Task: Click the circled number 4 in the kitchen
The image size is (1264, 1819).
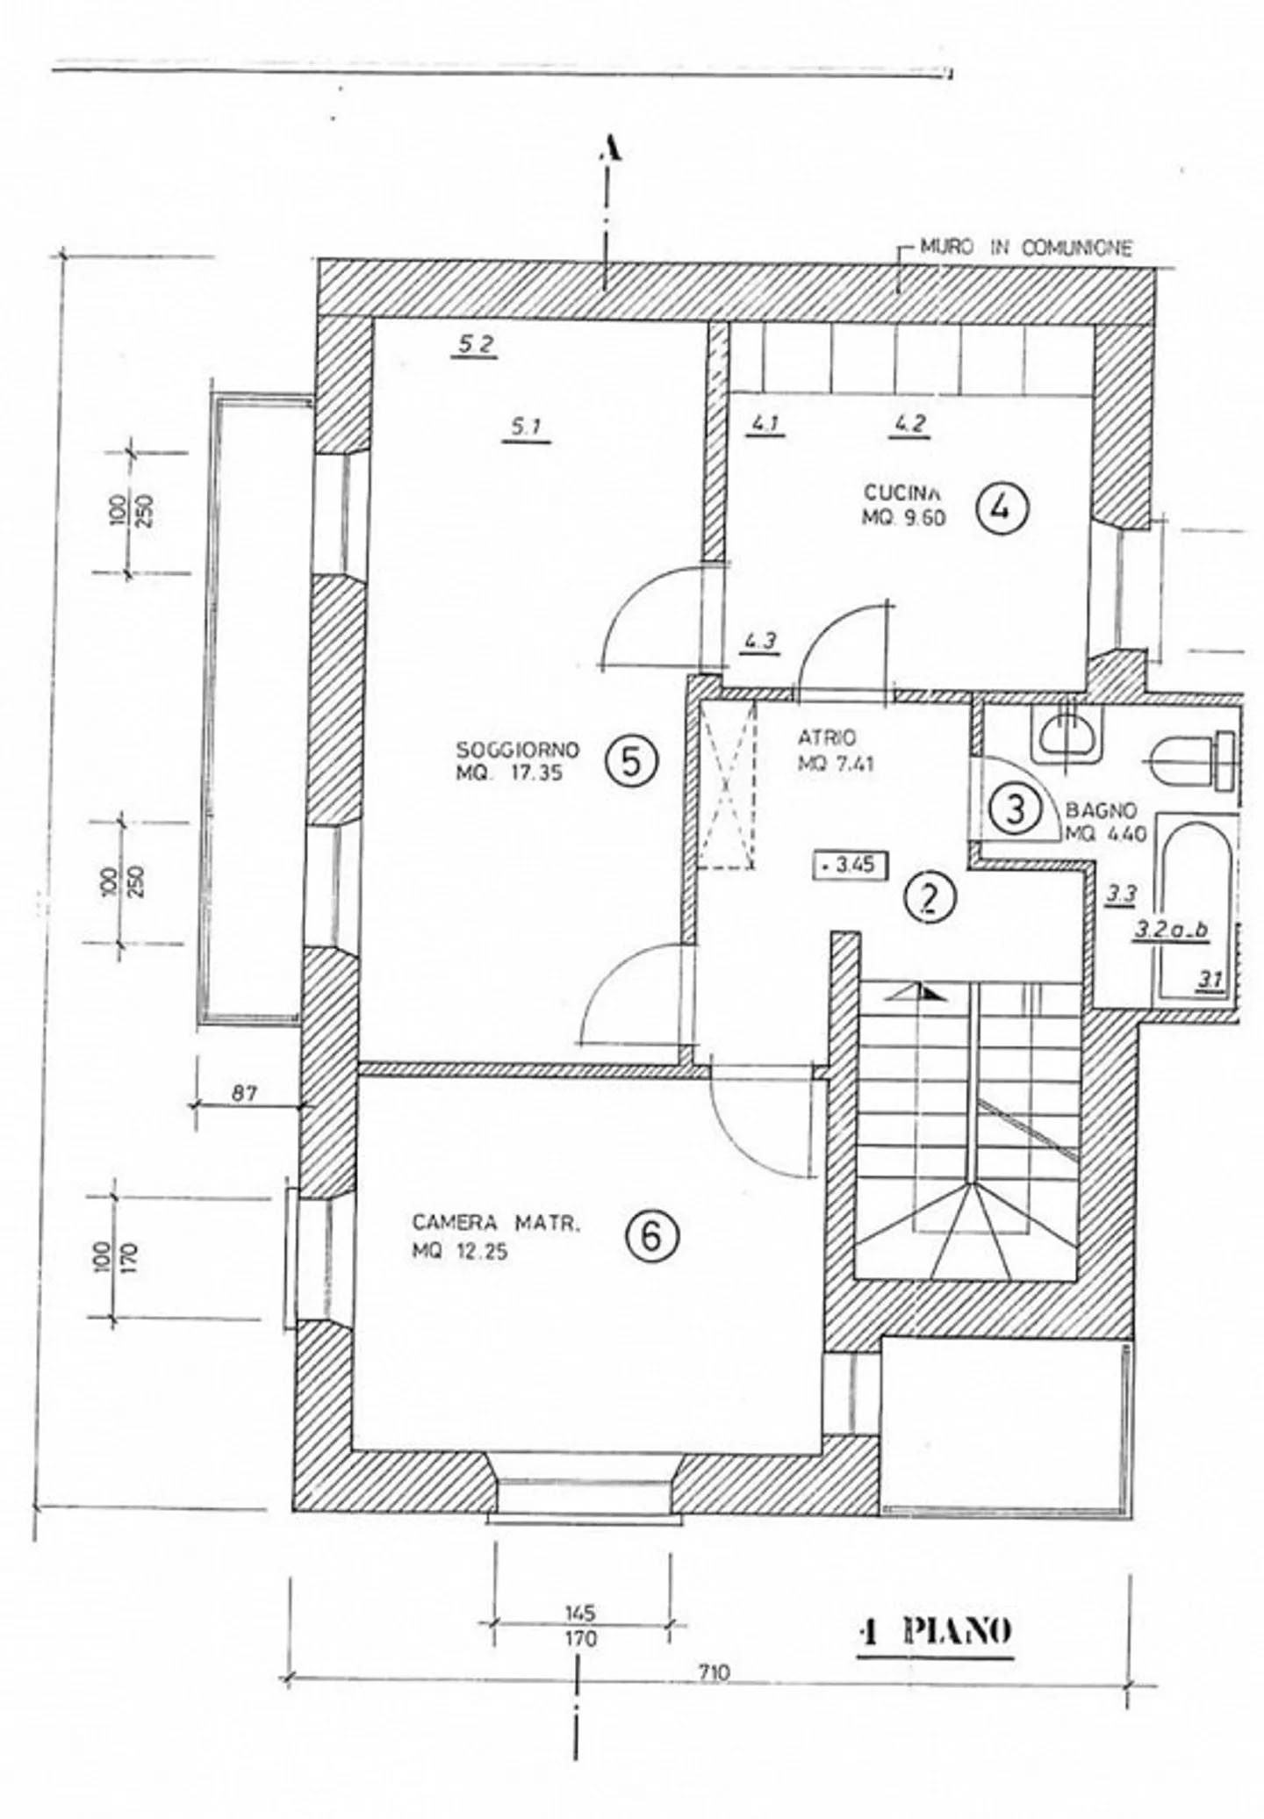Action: click(1000, 508)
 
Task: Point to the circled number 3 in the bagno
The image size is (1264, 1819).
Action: click(1015, 809)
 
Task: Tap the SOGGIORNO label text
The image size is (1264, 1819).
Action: click(518, 750)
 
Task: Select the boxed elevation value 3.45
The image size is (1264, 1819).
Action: click(851, 865)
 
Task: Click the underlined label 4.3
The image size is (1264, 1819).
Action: click(759, 641)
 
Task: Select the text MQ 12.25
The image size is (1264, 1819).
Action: click(460, 1253)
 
